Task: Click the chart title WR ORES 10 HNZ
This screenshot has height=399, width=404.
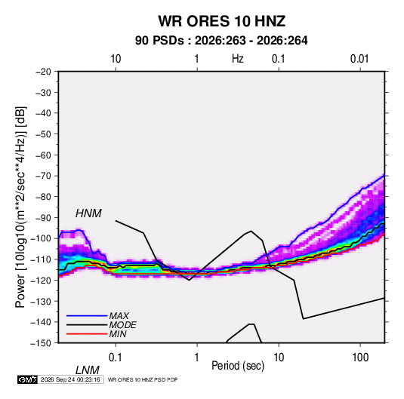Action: (x=221, y=21)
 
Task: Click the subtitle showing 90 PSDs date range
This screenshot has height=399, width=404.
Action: (x=221, y=41)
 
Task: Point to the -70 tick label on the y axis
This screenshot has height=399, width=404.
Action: (x=43, y=176)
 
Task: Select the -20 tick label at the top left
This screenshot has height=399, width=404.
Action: (x=43, y=72)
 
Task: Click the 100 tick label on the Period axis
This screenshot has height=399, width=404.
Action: (x=360, y=357)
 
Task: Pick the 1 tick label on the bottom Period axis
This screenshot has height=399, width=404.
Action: (x=197, y=357)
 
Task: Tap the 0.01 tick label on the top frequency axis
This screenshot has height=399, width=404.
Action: (x=359, y=59)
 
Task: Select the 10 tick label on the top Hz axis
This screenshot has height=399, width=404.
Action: (x=116, y=59)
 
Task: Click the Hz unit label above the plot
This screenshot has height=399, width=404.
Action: (x=238, y=59)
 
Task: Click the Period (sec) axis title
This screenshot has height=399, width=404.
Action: (x=238, y=366)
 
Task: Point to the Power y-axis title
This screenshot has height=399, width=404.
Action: (x=20, y=207)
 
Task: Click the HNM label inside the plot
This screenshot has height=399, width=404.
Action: (x=88, y=213)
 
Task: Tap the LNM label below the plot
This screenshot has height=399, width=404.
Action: (x=88, y=370)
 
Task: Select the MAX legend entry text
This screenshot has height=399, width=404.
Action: (x=119, y=316)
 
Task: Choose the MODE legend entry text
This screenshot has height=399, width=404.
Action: (x=122, y=325)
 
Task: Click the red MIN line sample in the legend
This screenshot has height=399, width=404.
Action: (x=87, y=334)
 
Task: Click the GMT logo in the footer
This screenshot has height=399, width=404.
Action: (x=28, y=379)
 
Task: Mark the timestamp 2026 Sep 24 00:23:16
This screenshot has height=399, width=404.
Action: (x=70, y=379)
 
